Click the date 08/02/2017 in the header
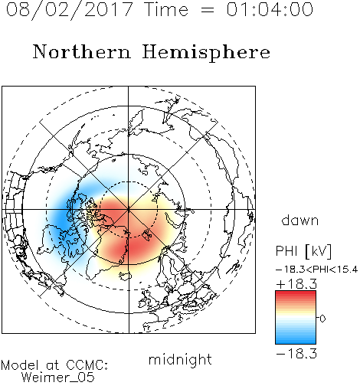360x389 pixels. click(x=69, y=10)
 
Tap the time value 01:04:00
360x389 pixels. click(x=270, y=9)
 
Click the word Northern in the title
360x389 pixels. click(x=82, y=52)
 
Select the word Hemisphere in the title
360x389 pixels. click(x=206, y=53)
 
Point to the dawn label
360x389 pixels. click(x=300, y=220)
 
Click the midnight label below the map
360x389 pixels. click(x=180, y=360)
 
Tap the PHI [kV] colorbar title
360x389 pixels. click(x=303, y=251)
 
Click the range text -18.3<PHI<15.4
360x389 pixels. click(x=316, y=270)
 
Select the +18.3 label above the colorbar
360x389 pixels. click(x=296, y=284)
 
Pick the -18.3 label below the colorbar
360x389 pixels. click(x=296, y=354)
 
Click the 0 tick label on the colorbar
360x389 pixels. click(x=322, y=319)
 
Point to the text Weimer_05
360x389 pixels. click(x=58, y=377)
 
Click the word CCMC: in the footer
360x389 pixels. click(x=87, y=365)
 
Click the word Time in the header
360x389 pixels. click(x=166, y=9)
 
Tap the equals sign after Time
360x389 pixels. click(x=208, y=10)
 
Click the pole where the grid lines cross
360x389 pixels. click(x=129, y=210)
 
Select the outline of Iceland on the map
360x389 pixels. click(x=125, y=276)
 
